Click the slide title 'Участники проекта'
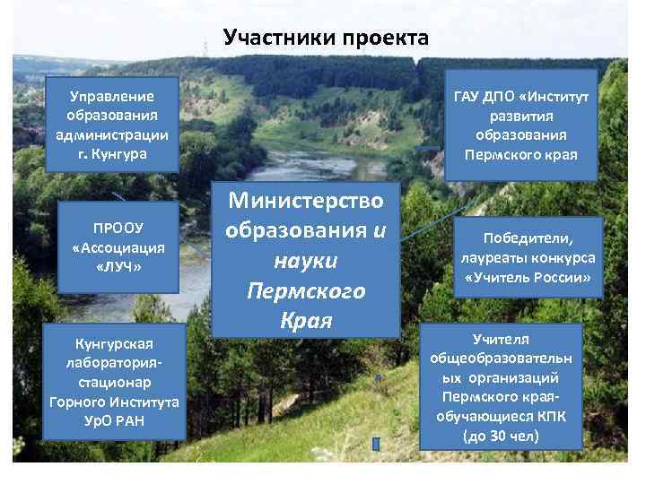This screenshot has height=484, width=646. [x=327, y=38]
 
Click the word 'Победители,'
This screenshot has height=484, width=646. [x=528, y=238]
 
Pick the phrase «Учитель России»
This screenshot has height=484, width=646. [x=528, y=278]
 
